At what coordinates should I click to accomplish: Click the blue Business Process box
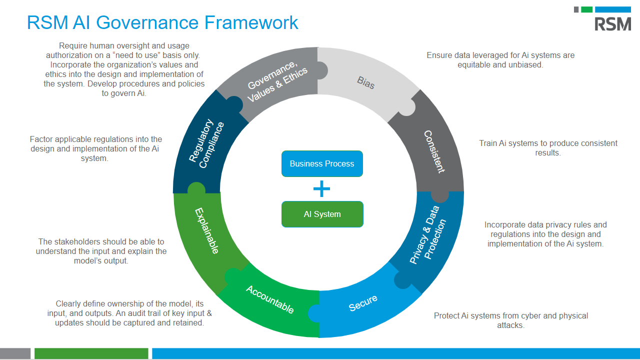coord(322,163)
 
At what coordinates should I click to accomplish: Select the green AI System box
coord(322,214)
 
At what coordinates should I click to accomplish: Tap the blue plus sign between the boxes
coord(322,188)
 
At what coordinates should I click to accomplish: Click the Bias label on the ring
coord(366,82)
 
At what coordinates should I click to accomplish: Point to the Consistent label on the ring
coord(434,151)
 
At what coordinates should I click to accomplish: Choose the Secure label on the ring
coord(363,303)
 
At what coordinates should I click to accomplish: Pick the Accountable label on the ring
coord(269,299)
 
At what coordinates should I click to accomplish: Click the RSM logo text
coord(612,23)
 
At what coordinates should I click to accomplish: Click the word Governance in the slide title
coord(147,22)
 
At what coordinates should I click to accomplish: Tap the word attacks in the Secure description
coord(510,325)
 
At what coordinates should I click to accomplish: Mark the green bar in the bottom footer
coord(91,353)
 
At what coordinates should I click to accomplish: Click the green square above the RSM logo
coord(587,9)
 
